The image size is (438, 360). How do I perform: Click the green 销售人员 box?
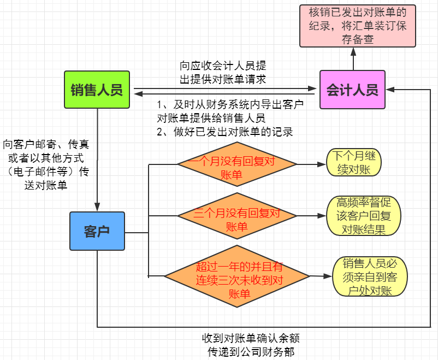tap(97, 90)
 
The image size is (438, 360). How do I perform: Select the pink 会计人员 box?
tap(352, 90)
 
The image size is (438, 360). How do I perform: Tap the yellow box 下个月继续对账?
tap(354, 163)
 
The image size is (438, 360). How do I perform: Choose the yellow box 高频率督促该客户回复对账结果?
tap(363, 216)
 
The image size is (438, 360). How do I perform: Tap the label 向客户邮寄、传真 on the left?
tap(46, 145)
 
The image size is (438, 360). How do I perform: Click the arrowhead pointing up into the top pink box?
tap(353, 51)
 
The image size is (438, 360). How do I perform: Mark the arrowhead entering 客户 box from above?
tap(97, 208)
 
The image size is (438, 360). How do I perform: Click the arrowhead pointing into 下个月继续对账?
tap(322, 163)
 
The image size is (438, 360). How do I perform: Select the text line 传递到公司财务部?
tap(251, 351)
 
